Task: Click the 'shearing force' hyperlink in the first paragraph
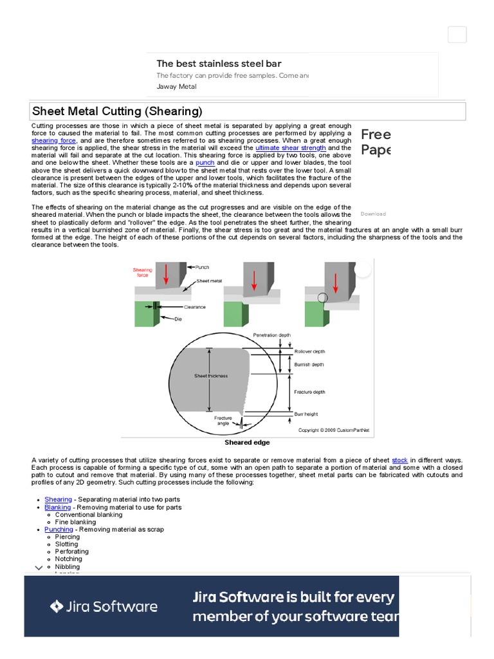point(54,140)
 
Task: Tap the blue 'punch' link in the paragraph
point(205,163)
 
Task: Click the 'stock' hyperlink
point(399,460)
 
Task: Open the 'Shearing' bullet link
point(58,499)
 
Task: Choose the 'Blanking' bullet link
point(57,507)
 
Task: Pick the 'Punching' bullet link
point(59,529)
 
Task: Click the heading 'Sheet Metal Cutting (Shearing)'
point(117,111)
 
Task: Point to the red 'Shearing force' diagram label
point(142,273)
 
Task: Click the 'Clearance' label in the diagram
point(194,307)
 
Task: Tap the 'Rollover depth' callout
point(309,351)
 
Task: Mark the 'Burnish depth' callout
point(309,364)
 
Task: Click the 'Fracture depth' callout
point(309,391)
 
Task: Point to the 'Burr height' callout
point(306,414)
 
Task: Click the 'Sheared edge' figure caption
point(247,443)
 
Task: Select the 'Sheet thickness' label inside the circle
point(211,376)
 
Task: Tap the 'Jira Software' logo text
point(104,606)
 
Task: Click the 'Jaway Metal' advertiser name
point(177,86)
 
